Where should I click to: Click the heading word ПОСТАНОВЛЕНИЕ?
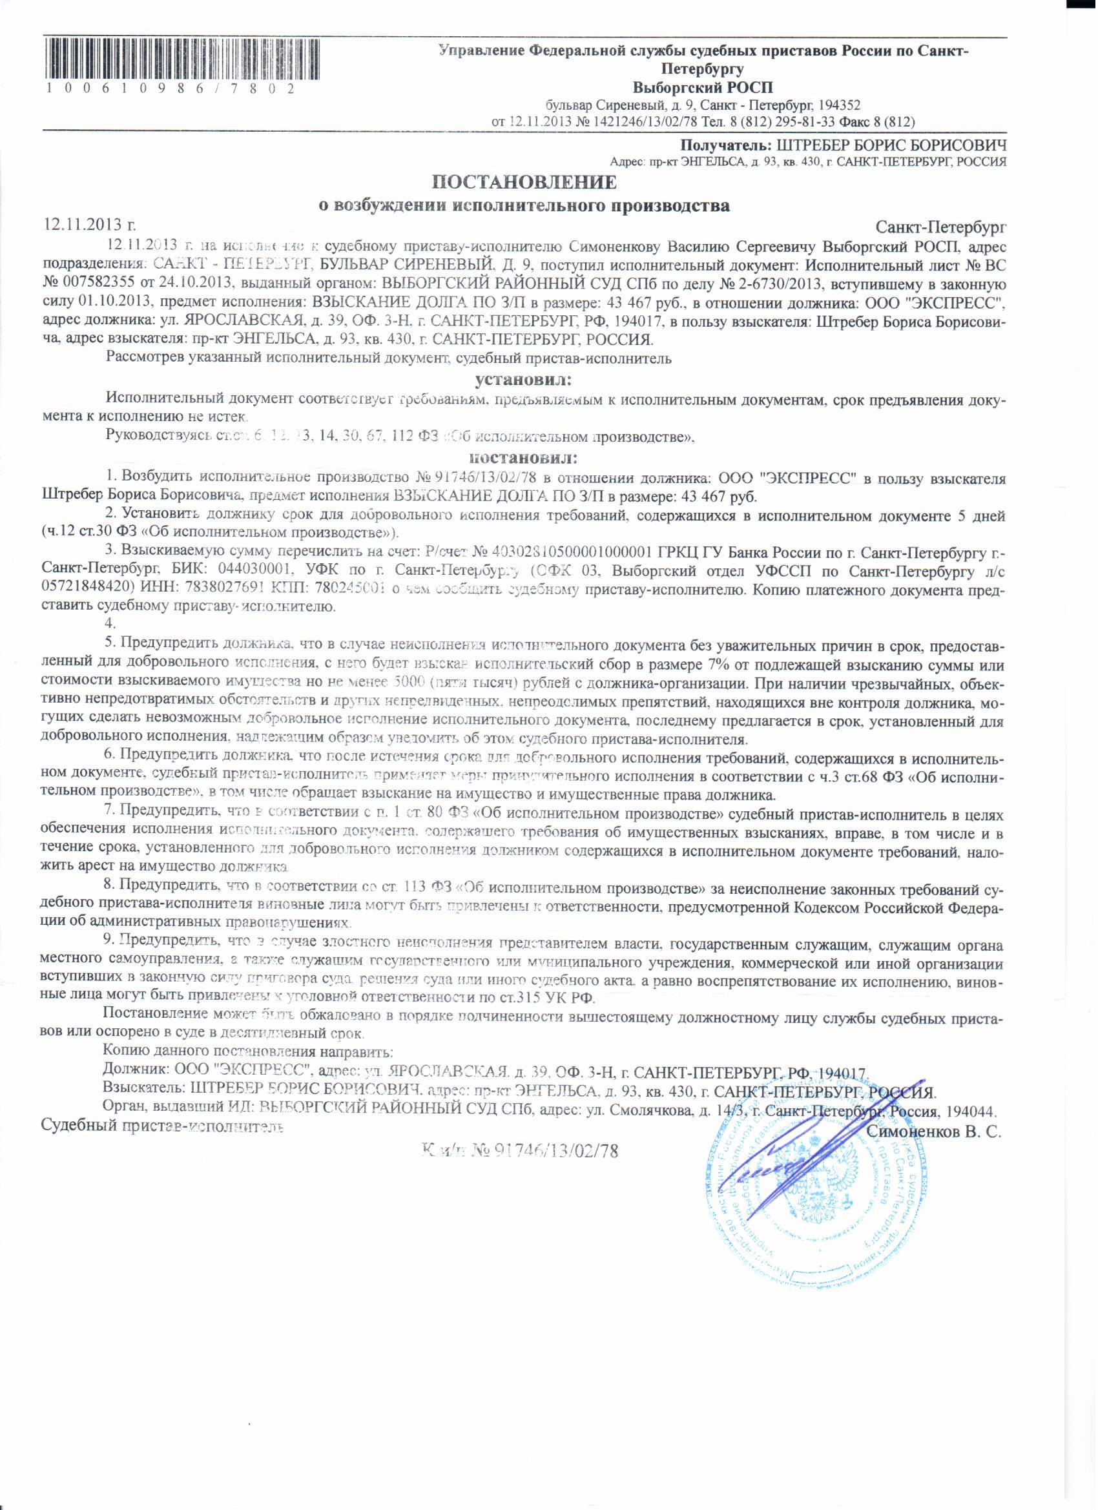click(524, 181)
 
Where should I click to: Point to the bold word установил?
click(523, 380)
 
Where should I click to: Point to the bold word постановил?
click(523, 458)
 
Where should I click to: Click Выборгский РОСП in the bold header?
click(702, 87)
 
